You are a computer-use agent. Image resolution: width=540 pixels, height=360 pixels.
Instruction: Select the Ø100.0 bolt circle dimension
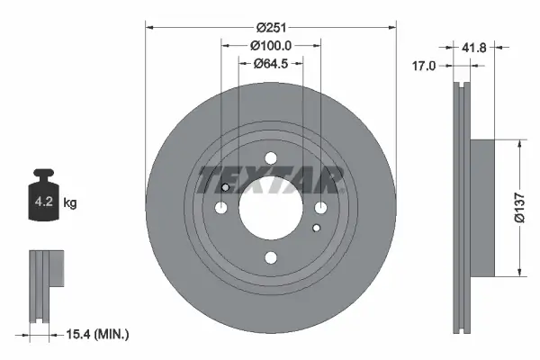(x=270, y=45)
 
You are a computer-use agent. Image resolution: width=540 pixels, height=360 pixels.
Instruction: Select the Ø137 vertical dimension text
(x=518, y=208)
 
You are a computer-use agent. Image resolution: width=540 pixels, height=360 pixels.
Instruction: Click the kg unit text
(x=70, y=203)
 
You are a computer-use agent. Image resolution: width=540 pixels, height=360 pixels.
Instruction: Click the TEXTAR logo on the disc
(x=270, y=180)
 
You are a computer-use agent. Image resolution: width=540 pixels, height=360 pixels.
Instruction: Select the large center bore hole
(x=270, y=208)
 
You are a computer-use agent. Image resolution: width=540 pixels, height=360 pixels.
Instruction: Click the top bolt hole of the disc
(x=270, y=158)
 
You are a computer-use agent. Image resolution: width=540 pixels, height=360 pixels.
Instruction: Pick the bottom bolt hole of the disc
(x=270, y=258)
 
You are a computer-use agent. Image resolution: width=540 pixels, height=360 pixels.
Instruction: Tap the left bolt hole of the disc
(x=220, y=208)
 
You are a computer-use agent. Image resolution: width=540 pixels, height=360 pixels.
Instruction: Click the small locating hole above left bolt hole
(x=225, y=187)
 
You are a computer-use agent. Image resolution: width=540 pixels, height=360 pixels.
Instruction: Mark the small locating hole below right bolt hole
(x=315, y=229)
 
